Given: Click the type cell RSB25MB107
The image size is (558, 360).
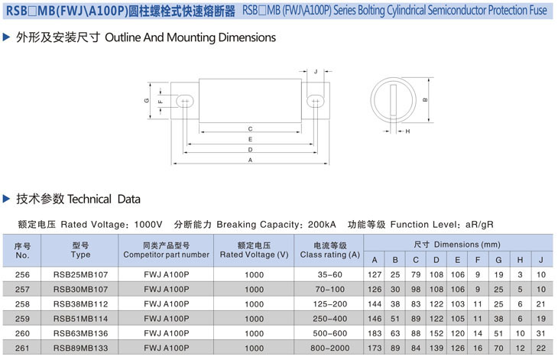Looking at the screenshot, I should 80,274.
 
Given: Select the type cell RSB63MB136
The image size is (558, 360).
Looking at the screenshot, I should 80,332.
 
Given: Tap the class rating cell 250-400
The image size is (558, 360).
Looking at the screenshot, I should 329,318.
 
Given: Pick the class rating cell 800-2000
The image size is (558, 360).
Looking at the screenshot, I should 329,348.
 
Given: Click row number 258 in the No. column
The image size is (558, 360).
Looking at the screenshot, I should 22,303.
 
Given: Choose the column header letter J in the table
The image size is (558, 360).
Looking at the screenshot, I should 540,259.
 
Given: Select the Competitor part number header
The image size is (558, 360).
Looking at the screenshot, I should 165,250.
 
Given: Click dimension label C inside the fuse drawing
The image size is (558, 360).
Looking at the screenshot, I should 250,128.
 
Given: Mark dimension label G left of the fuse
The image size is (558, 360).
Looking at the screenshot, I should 146,100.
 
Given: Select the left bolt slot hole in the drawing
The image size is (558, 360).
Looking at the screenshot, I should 184,100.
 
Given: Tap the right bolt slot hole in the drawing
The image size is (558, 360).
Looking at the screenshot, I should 316,100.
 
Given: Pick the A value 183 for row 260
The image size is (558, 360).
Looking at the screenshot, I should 375,332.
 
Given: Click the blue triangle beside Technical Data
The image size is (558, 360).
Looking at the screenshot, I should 7,199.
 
